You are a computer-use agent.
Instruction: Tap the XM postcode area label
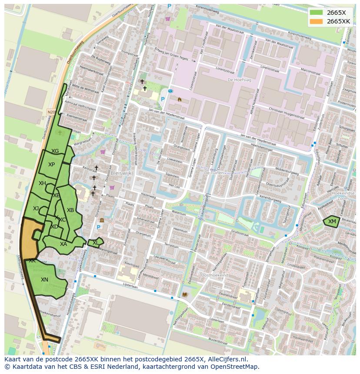click(x=332, y=222)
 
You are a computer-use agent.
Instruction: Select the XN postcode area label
click(x=44, y=280)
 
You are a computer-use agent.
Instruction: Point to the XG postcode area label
click(x=55, y=151)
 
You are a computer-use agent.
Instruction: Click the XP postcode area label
click(x=51, y=165)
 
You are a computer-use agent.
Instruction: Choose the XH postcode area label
click(x=42, y=183)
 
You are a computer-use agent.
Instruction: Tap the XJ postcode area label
click(x=36, y=209)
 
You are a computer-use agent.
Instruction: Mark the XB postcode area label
click(x=70, y=210)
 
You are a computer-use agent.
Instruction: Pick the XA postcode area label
click(x=63, y=244)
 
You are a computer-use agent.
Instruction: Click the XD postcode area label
click(x=54, y=227)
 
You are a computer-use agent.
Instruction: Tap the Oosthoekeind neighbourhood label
click(x=214, y=275)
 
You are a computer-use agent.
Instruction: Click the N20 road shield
click(x=51, y=112)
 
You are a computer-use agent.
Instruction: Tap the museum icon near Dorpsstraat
click(x=101, y=220)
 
